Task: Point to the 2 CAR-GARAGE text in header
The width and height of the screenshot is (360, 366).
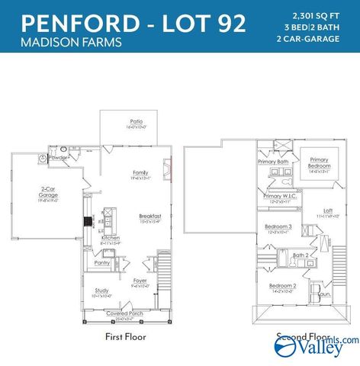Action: (319, 38)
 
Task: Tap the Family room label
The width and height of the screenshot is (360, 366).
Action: (140, 172)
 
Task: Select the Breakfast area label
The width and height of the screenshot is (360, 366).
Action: (149, 217)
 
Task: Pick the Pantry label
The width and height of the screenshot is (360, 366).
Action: (102, 263)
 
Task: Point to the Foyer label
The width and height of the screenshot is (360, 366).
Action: (140, 280)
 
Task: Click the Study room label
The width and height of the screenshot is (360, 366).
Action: (101, 291)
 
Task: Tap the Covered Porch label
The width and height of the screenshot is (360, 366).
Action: (124, 313)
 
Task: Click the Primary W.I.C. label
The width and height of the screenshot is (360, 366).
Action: (280, 196)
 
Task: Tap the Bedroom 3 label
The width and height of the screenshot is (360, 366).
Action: (278, 226)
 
